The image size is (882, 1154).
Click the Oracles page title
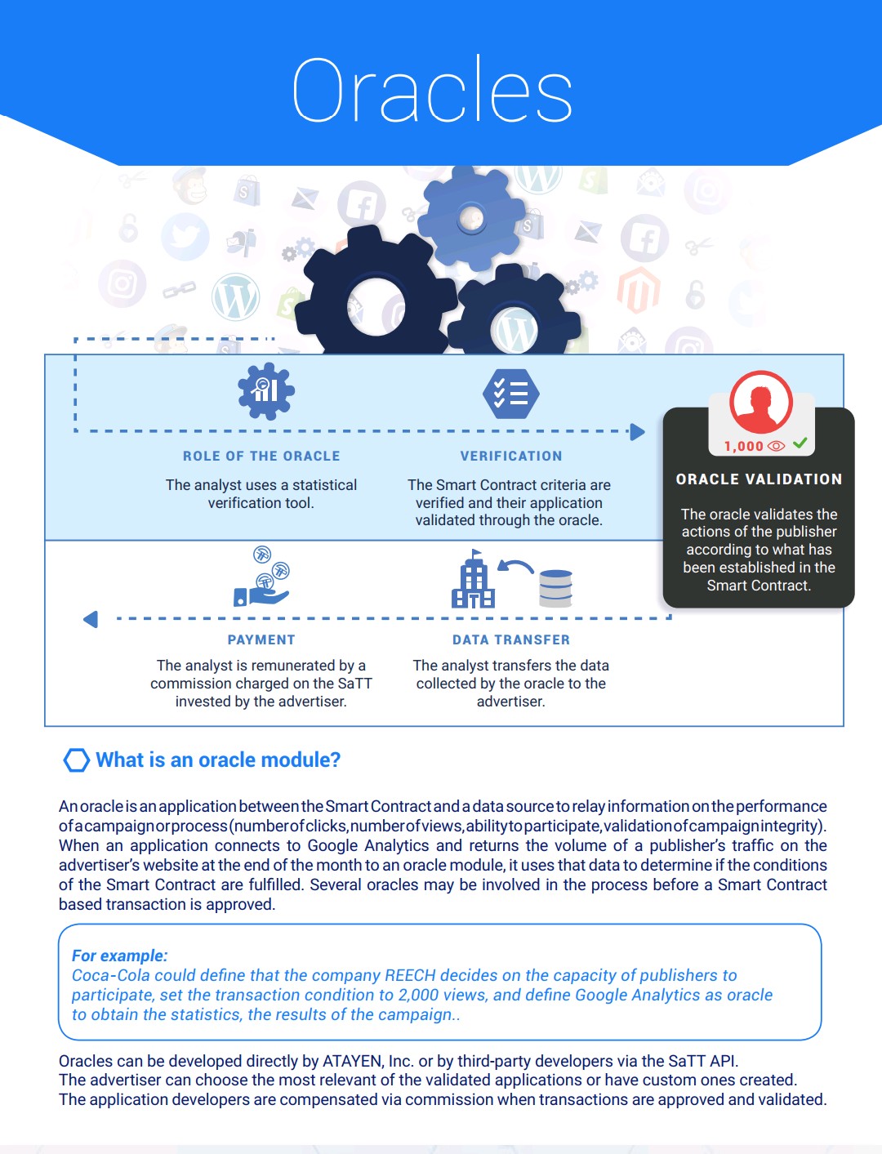(x=432, y=89)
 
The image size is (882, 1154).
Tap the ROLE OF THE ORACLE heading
(x=261, y=456)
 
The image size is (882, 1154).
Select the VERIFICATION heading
(x=511, y=456)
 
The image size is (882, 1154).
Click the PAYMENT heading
(x=261, y=639)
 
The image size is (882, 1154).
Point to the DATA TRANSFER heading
(x=511, y=639)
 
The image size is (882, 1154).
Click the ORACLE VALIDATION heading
(x=759, y=479)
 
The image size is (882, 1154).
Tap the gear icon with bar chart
(x=266, y=390)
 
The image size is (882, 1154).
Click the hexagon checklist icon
(x=511, y=394)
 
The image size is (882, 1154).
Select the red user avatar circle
(x=760, y=402)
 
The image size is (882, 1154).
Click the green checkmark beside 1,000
(x=800, y=443)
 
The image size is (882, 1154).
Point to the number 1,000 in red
(x=743, y=446)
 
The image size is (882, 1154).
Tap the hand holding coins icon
(x=262, y=577)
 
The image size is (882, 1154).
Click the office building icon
(x=473, y=579)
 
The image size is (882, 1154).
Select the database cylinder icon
(x=555, y=589)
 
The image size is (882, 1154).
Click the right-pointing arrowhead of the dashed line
(x=638, y=432)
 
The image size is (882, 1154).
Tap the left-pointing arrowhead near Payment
(x=91, y=619)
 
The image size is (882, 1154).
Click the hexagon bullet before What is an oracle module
(x=76, y=760)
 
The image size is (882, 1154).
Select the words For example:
(x=119, y=956)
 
